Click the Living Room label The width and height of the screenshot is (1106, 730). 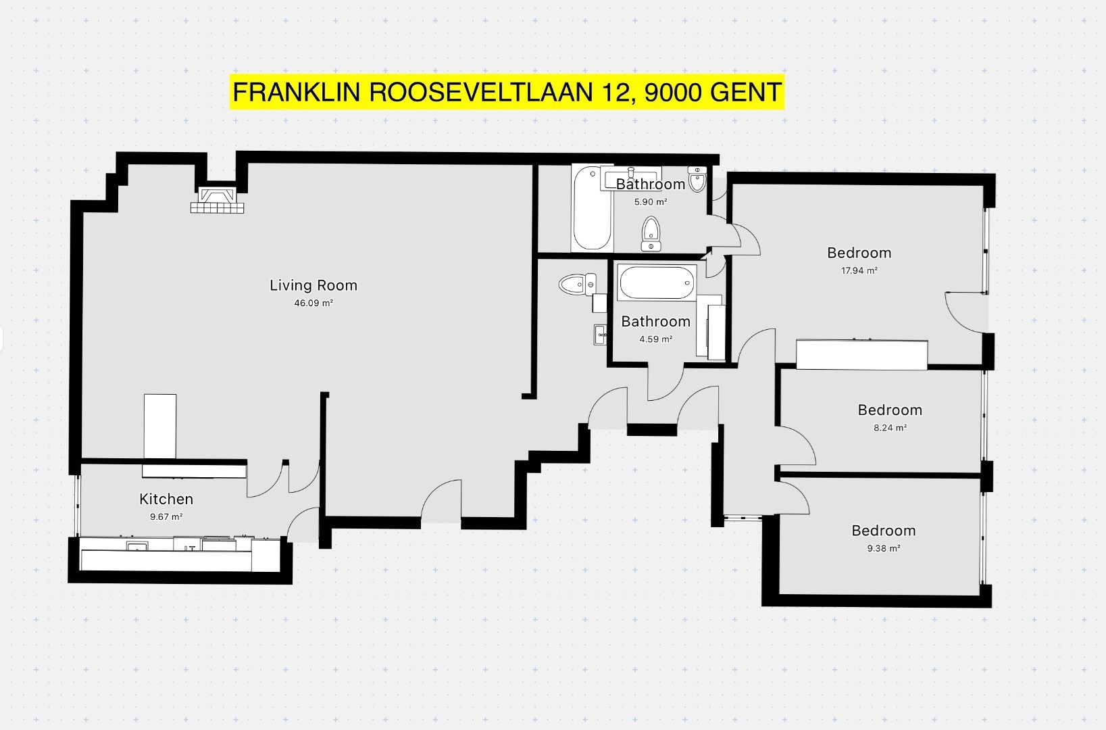[x=313, y=285]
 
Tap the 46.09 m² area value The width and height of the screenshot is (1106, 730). [x=313, y=303]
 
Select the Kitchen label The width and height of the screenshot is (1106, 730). [x=166, y=499]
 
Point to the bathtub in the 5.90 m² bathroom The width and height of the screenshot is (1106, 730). [x=593, y=208]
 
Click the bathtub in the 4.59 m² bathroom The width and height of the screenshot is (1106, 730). [x=657, y=283]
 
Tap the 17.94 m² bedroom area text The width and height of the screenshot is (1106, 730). [x=859, y=270]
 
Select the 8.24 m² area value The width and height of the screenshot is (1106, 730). [x=890, y=428]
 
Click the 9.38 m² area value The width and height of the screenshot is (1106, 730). [x=884, y=549]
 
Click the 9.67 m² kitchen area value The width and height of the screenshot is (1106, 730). [x=166, y=517]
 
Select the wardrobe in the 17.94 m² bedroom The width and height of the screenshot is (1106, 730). [x=862, y=355]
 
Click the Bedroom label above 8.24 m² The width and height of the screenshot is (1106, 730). [x=890, y=410]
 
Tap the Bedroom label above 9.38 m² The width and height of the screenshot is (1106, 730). [x=884, y=531]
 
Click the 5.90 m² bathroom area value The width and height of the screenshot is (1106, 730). [x=651, y=202]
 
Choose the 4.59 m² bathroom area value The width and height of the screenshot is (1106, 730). [x=656, y=339]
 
